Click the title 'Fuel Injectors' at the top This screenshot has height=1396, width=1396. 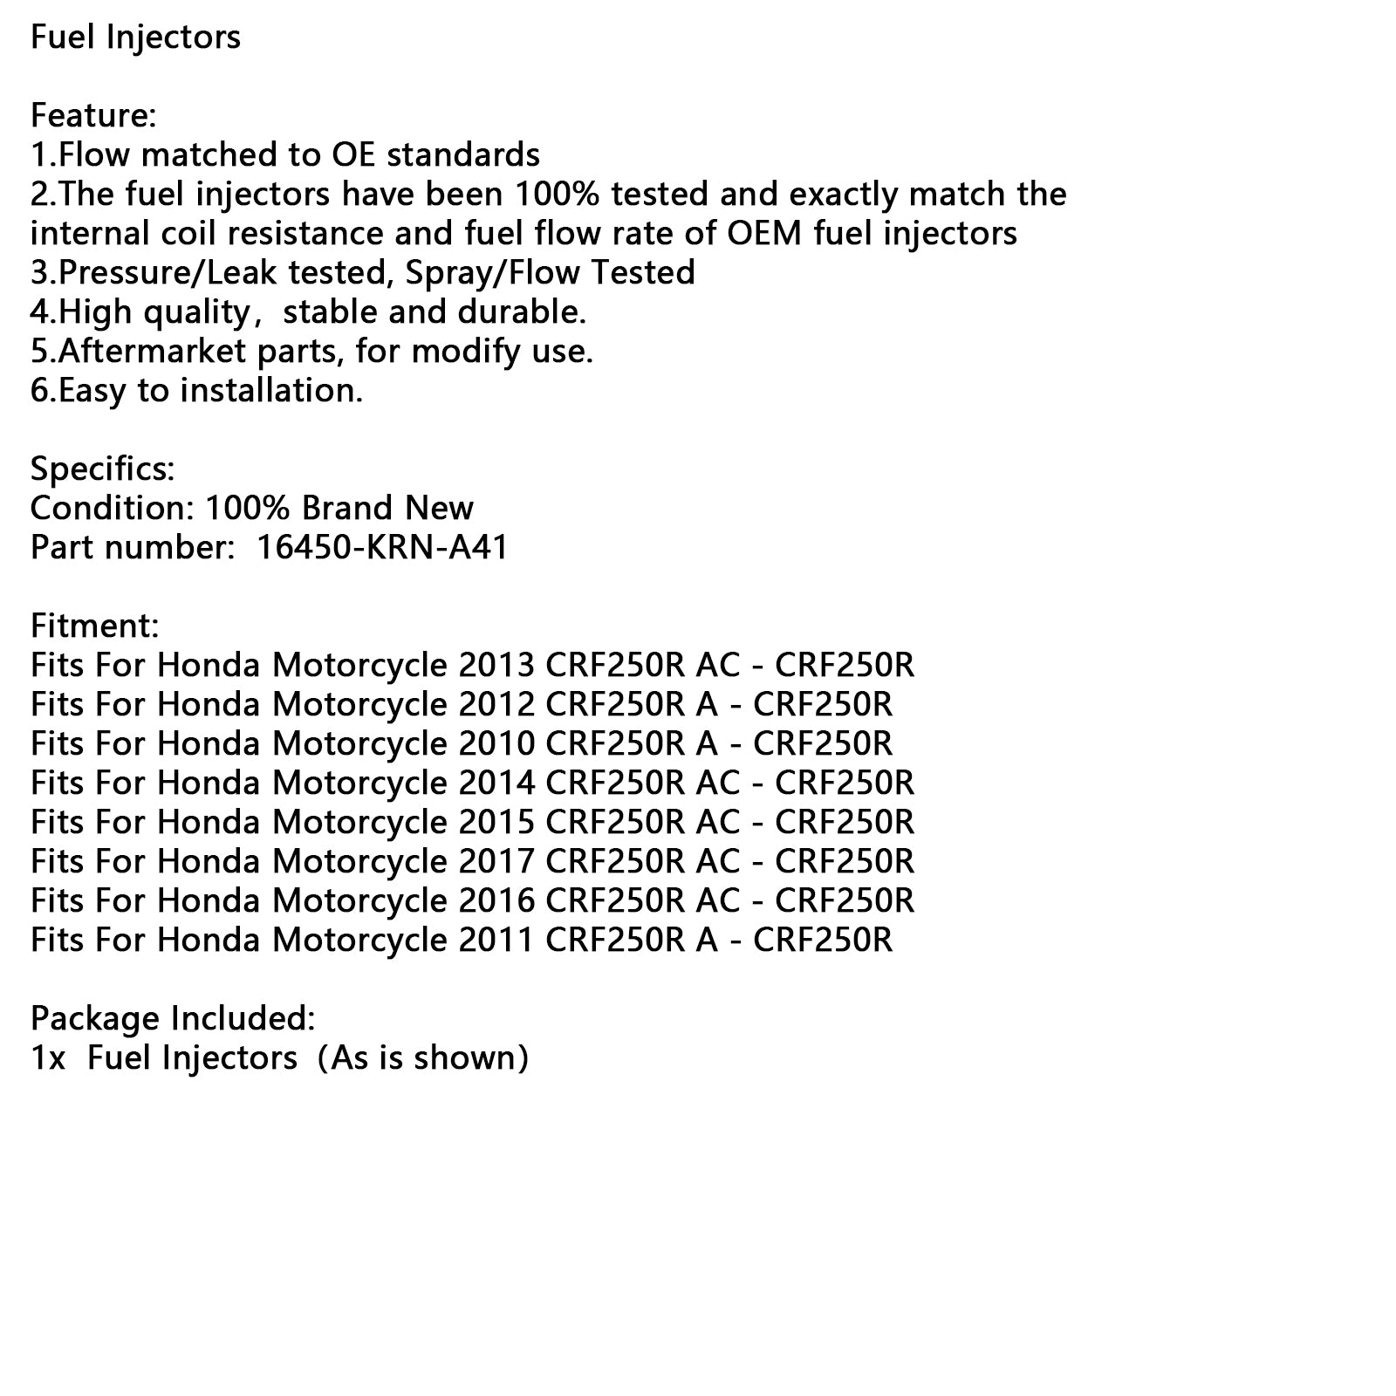(x=135, y=38)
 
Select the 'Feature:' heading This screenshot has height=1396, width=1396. (x=93, y=116)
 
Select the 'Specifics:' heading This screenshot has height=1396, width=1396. (x=102, y=469)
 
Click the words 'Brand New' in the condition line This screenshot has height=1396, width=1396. (x=387, y=509)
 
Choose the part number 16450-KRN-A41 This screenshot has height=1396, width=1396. (x=382, y=548)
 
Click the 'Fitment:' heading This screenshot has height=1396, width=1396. (x=94, y=626)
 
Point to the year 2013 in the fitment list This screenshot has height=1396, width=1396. (x=496, y=666)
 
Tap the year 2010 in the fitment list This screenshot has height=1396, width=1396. (x=496, y=744)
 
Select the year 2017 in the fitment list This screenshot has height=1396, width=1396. (x=496, y=862)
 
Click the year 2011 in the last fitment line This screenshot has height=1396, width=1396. (x=496, y=941)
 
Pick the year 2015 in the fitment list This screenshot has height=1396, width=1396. (x=496, y=823)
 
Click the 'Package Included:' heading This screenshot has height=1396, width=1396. (x=173, y=1019)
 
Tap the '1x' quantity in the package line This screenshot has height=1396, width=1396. (x=48, y=1058)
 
